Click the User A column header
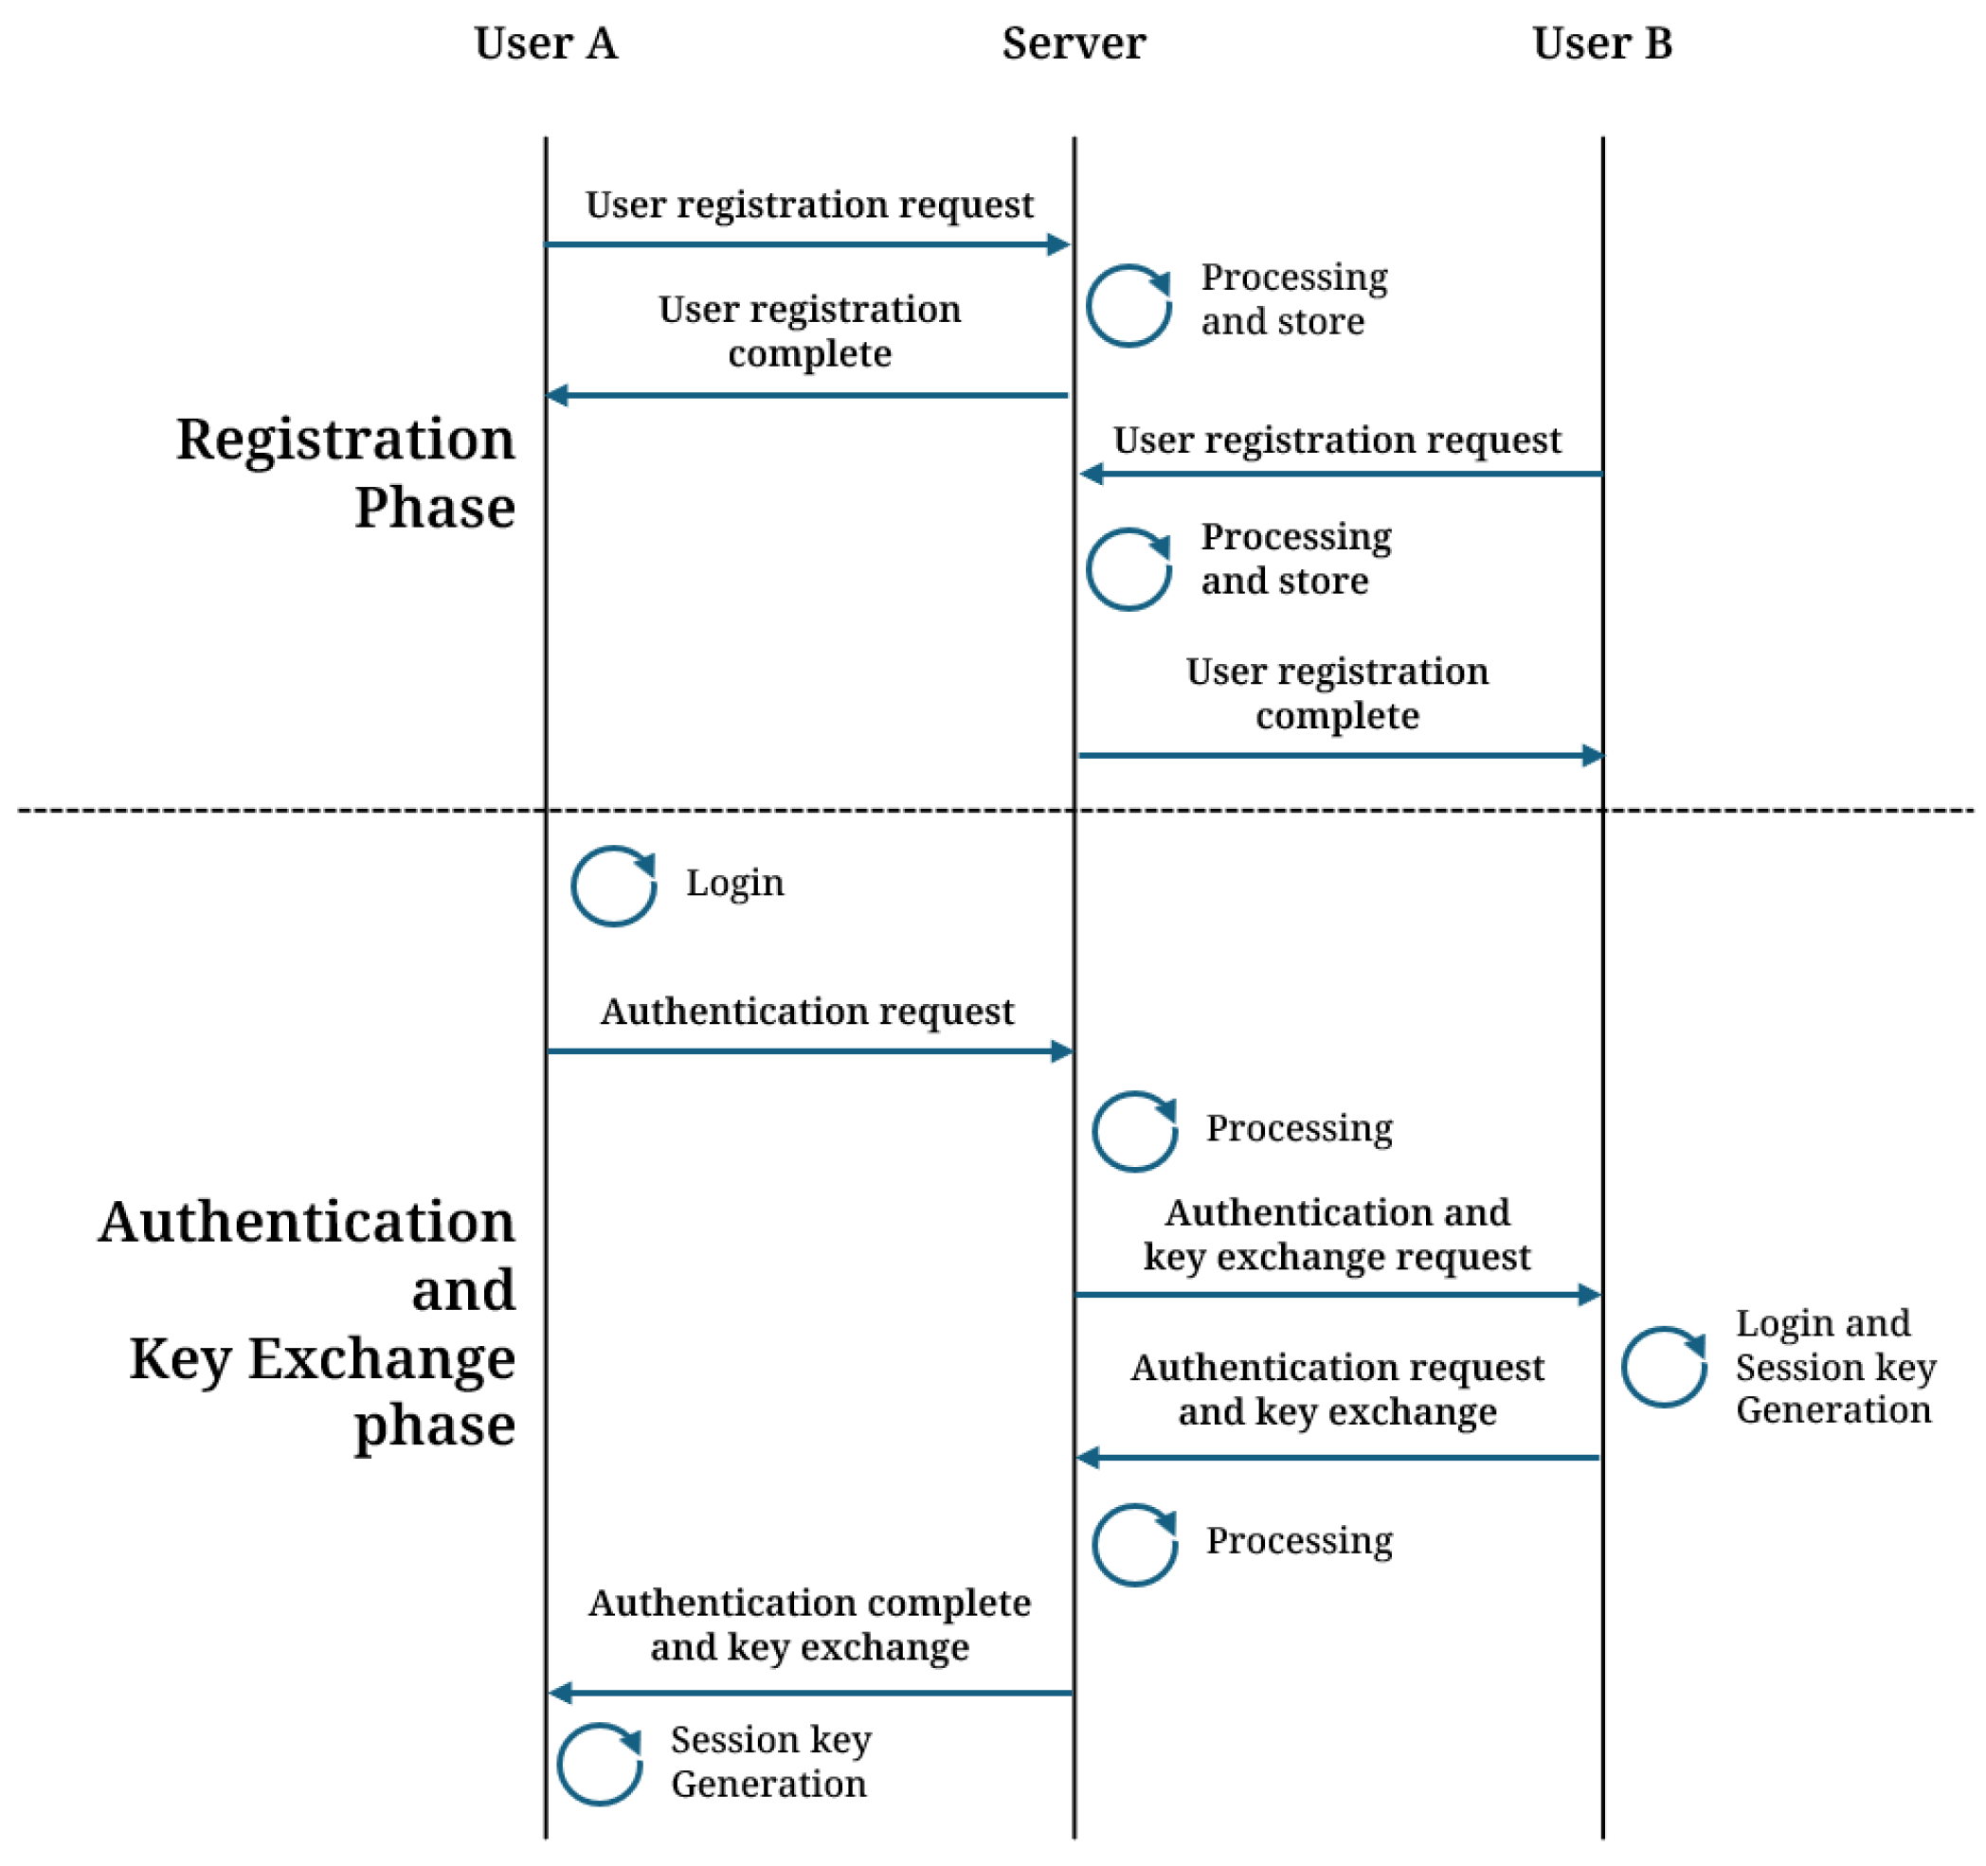(x=546, y=44)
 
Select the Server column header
(x=1074, y=44)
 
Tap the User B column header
(x=1602, y=44)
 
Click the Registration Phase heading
(x=346, y=473)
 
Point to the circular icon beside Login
(x=613, y=886)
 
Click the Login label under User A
(x=735, y=883)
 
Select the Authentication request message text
(x=807, y=1011)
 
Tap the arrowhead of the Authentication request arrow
(x=1063, y=1050)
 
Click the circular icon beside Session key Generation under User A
(x=600, y=1764)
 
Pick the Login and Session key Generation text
(x=1834, y=1366)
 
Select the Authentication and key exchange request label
(x=1337, y=1233)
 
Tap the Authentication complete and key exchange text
(x=809, y=1624)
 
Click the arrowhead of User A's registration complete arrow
(x=557, y=396)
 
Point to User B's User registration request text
(x=1337, y=440)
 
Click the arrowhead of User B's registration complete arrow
(x=1594, y=755)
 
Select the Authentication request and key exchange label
(x=1337, y=1389)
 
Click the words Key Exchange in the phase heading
(x=321, y=1358)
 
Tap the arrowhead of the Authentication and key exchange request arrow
(x=1590, y=1295)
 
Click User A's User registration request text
(x=809, y=204)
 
